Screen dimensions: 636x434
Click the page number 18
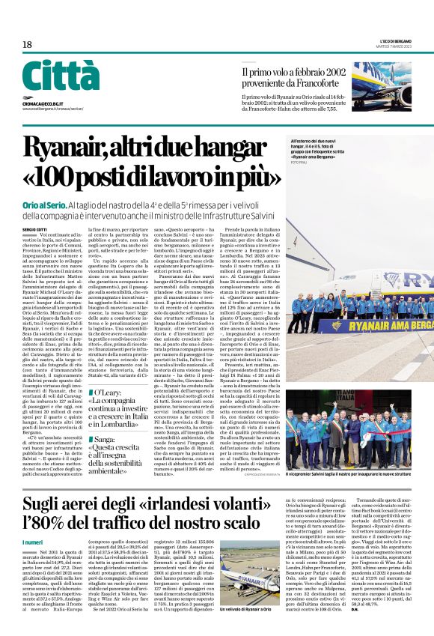(x=27, y=45)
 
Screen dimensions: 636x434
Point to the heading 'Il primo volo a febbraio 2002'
(x=293, y=73)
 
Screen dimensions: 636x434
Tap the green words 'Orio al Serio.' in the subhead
(x=44, y=205)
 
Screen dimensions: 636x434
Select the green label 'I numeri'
(x=33, y=542)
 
